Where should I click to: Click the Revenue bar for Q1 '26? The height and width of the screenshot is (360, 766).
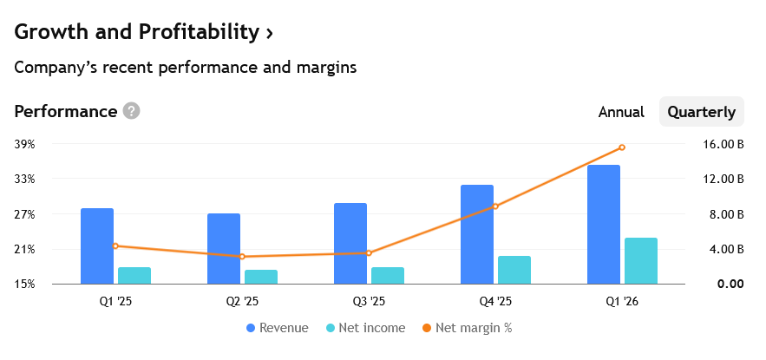coord(603,224)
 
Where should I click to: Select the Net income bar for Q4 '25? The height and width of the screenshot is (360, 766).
coord(514,270)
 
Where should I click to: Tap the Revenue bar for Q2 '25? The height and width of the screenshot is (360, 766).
coord(224,249)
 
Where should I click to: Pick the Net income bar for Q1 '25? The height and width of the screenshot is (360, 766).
coord(134,276)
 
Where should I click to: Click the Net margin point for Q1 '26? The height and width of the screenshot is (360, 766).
coord(622,147)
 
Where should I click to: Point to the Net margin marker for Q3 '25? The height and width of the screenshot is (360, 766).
coord(369,253)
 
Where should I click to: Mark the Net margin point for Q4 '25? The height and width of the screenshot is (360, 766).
coord(495,206)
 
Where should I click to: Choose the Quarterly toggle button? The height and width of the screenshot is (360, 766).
coord(702,112)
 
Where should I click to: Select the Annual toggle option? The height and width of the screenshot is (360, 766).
coord(621,112)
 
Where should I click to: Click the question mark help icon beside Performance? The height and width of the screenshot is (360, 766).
coord(131,111)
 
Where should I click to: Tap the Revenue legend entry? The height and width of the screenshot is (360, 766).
coord(278,328)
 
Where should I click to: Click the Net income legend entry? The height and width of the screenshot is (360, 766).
coord(365,328)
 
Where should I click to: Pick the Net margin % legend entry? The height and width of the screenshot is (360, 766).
coord(467,328)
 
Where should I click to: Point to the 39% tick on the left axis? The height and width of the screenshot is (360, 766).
coord(24,145)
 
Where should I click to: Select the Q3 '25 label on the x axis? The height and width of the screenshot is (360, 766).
coord(369,301)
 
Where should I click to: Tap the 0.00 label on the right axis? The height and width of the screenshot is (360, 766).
coord(730,284)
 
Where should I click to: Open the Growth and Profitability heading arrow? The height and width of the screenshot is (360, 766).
coord(269,33)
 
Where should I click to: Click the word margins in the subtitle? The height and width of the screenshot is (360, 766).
coord(326,68)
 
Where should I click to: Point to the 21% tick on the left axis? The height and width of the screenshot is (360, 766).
coord(24,250)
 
